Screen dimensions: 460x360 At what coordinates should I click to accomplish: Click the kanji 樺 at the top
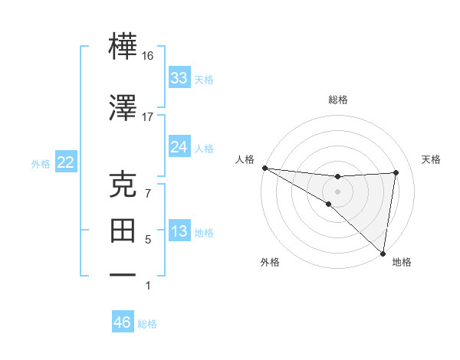123,46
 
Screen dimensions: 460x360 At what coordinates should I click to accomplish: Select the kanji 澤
123,107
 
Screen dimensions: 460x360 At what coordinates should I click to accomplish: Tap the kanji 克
123,184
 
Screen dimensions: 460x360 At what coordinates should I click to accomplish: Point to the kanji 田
123,231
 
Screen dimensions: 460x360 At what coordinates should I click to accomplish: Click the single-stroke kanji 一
123,275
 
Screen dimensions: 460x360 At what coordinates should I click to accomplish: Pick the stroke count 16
147,56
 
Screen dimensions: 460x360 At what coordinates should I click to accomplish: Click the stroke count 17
147,117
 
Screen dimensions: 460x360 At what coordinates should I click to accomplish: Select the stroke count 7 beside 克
148,194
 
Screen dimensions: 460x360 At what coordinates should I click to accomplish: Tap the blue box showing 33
179,77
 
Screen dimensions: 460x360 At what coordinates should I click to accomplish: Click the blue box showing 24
179,146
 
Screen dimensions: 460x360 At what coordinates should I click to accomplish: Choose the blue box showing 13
179,230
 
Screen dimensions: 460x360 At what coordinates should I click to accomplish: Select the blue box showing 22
66,162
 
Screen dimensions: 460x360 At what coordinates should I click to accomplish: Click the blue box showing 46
123,321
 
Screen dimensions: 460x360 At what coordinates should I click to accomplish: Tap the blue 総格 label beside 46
147,324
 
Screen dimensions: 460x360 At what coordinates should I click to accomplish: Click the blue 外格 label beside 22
41,164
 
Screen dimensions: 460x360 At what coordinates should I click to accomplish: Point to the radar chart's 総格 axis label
338,100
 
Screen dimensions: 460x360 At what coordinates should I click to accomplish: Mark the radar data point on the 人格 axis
265,168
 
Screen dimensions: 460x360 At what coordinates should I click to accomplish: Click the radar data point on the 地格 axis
383,254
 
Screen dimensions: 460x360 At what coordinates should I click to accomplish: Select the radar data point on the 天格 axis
396,172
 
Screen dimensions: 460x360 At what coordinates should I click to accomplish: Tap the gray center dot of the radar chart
337,192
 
